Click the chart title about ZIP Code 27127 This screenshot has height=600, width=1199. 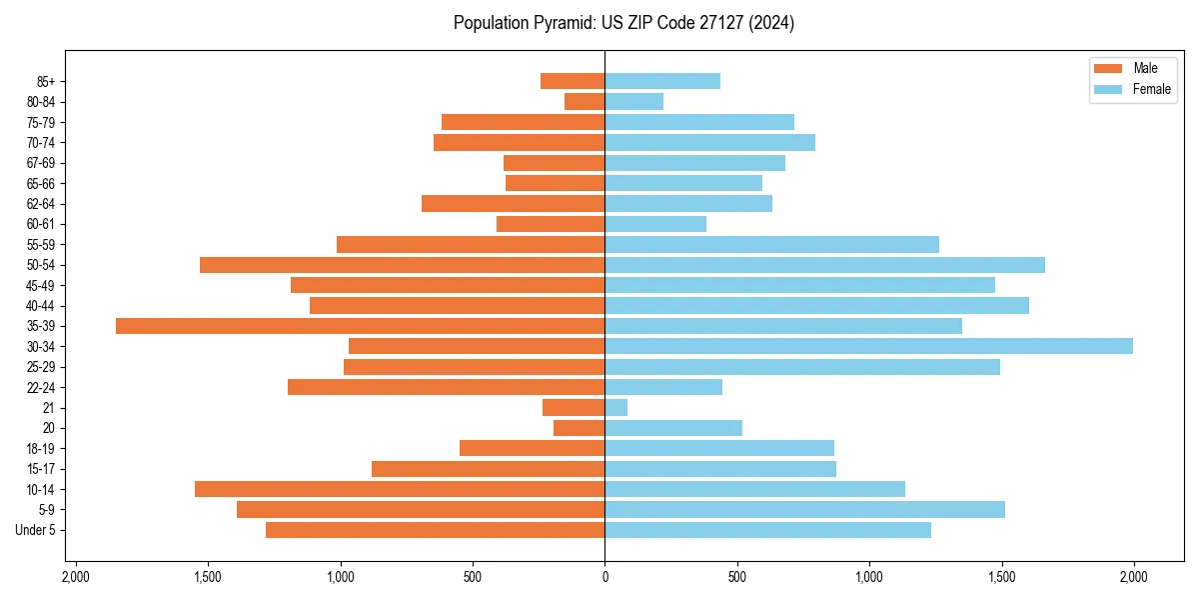[x=623, y=23]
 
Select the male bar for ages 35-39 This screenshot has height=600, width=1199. [x=360, y=326]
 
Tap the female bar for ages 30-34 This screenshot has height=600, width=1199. [x=868, y=346]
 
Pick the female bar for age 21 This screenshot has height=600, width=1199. [x=615, y=407]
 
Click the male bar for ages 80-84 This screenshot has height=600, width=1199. [x=585, y=101]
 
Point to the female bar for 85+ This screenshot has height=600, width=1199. [x=661, y=81]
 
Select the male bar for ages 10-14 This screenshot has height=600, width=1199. [x=400, y=489]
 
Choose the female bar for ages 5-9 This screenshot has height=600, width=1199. [x=804, y=509]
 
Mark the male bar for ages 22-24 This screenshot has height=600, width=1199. [x=446, y=387]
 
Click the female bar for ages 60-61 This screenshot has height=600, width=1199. [x=654, y=224]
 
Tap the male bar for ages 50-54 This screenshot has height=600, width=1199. [x=402, y=265]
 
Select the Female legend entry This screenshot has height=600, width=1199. [x=1135, y=89]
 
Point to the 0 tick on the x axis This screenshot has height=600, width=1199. [x=604, y=577]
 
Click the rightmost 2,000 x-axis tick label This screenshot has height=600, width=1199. [x=1133, y=577]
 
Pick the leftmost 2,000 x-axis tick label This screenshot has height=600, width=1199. [x=76, y=577]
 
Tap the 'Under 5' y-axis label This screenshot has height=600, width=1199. [x=35, y=530]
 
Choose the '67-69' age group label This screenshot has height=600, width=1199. [x=41, y=163]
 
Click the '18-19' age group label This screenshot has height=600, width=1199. [x=41, y=448]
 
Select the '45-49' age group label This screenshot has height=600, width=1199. [x=41, y=285]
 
